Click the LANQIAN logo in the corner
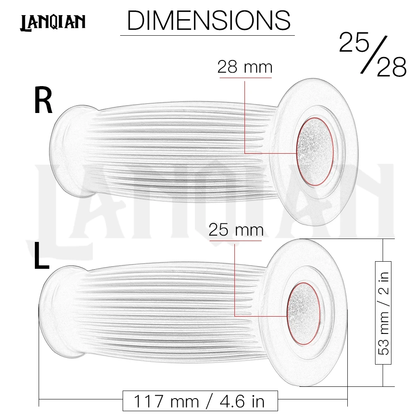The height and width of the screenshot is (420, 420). pyautogui.click(x=53, y=23)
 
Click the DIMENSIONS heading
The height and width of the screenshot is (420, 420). pyautogui.click(x=209, y=20)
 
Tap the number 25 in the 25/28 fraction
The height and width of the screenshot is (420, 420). pyautogui.click(x=354, y=42)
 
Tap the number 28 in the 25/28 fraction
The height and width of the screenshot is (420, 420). pyautogui.click(x=391, y=67)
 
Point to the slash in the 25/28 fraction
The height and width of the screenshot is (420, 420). pyautogui.click(x=374, y=54)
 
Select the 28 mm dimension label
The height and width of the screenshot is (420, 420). pyautogui.click(x=245, y=67)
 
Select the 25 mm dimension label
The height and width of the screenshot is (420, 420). pyautogui.click(x=236, y=230)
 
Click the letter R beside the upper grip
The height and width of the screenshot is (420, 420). pyautogui.click(x=43, y=101)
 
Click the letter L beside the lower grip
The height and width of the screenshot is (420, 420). pyautogui.click(x=42, y=255)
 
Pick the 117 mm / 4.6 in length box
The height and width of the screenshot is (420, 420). pyautogui.click(x=200, y=401)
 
